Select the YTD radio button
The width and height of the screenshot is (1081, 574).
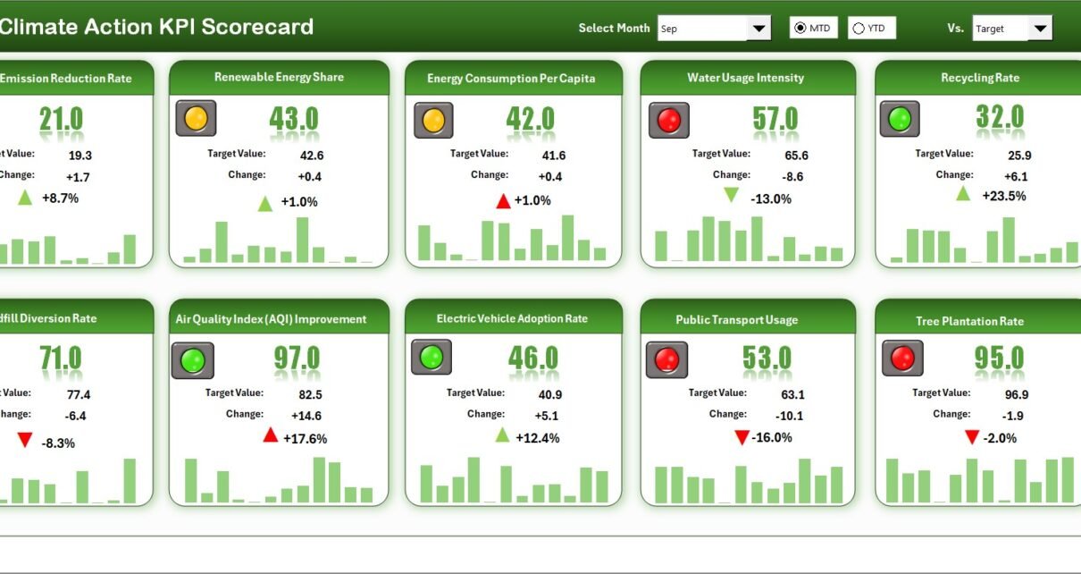[x=859, y=29]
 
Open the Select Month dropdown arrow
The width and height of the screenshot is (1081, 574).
[x=758, y=29]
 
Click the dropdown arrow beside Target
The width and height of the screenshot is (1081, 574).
[x=1040, y=29]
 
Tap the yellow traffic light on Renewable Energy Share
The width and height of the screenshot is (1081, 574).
[x=196, y=118]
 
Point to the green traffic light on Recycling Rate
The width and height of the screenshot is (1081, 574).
[x=900, y=119]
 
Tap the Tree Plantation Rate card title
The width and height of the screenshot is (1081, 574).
[x=969, y=321]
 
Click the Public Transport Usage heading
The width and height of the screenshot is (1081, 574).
[x=736, y=320]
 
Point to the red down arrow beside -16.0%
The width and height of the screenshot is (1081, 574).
[x=742, y=437]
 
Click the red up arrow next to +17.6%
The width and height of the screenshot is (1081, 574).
[x=271, y=435]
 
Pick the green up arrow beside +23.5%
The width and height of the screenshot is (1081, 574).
[x=963, y=194]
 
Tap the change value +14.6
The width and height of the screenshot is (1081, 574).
[x=306, y=416]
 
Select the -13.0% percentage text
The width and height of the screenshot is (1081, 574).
[x=771, y=198]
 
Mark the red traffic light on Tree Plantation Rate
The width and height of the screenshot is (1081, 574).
[x=902, y=359]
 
